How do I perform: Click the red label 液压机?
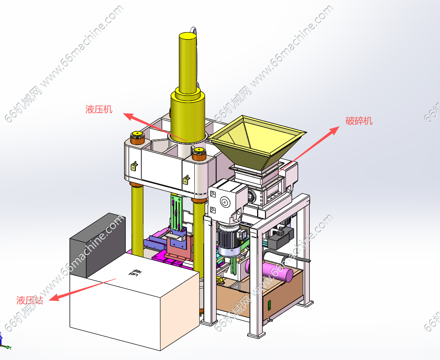(x=99, y=109)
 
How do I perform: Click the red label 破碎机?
(x=359, y=120)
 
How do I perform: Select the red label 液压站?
(x=29, y=300)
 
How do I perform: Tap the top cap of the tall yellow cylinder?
(x=188, y=36)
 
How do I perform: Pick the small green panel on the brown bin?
(x=270, y=305)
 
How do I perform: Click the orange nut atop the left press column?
(x=137, y=138)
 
